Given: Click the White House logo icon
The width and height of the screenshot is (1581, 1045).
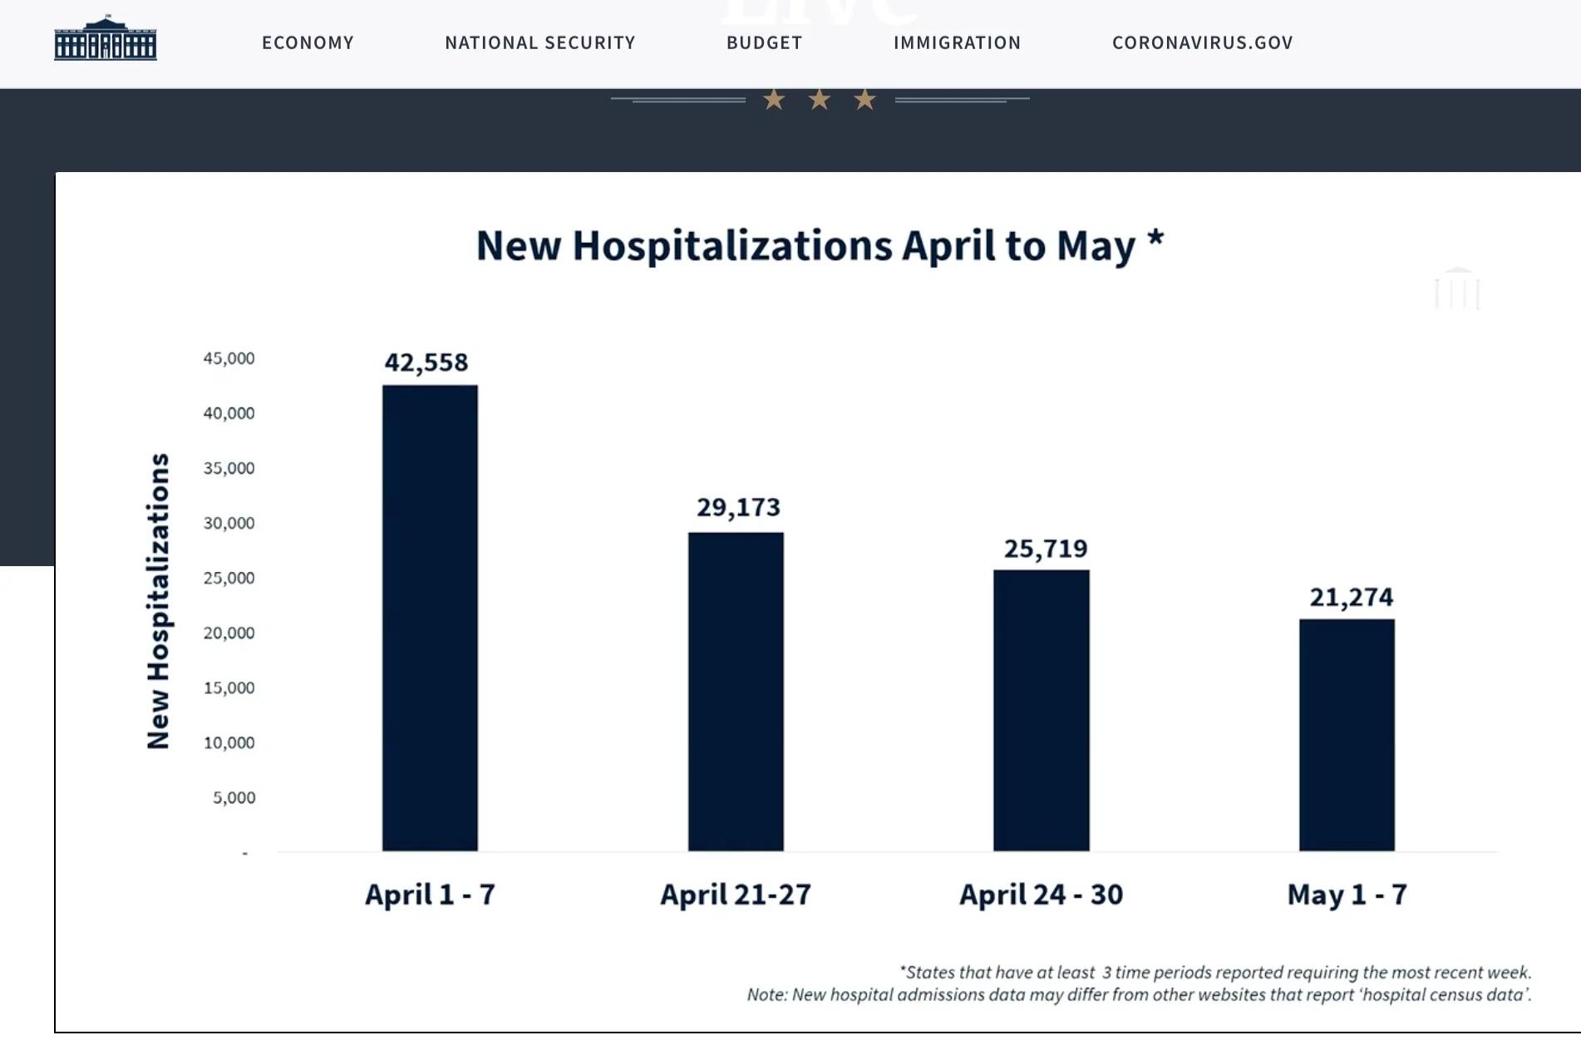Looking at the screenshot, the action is [106, 38].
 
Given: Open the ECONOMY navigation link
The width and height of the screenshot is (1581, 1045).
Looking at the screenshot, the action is [308, 42].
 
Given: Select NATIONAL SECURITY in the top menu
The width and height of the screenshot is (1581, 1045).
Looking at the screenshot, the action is [540, 42].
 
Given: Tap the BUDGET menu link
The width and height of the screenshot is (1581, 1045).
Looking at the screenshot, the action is [765, 42].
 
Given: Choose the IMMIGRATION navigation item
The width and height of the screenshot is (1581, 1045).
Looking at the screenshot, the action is [958, 42].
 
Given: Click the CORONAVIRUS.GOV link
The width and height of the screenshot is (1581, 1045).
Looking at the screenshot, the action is [1203, 42].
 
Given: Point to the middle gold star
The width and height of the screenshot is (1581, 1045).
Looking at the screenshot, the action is [820, 100].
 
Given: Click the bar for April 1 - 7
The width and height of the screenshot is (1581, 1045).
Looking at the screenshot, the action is [430, 618].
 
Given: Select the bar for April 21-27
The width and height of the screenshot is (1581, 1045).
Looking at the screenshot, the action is [736, 692].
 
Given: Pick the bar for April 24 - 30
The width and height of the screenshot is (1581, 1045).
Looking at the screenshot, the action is [1042, 711].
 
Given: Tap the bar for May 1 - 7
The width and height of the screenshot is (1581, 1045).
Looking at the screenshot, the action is [1347, 735].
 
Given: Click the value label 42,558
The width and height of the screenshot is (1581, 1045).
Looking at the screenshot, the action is [426, 362].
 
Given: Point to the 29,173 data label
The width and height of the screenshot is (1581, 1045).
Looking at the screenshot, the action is [739, 507].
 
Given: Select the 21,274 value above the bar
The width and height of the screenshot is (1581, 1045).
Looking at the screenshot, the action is [1352, 597].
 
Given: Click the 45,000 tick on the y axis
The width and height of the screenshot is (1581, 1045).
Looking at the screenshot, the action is [229, 358].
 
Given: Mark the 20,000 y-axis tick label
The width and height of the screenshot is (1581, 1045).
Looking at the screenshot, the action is [229, 633].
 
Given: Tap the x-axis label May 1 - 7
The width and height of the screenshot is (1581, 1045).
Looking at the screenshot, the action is [1347, 895].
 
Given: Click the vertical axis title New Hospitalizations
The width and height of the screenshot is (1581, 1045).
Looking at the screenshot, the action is [158, 601].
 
